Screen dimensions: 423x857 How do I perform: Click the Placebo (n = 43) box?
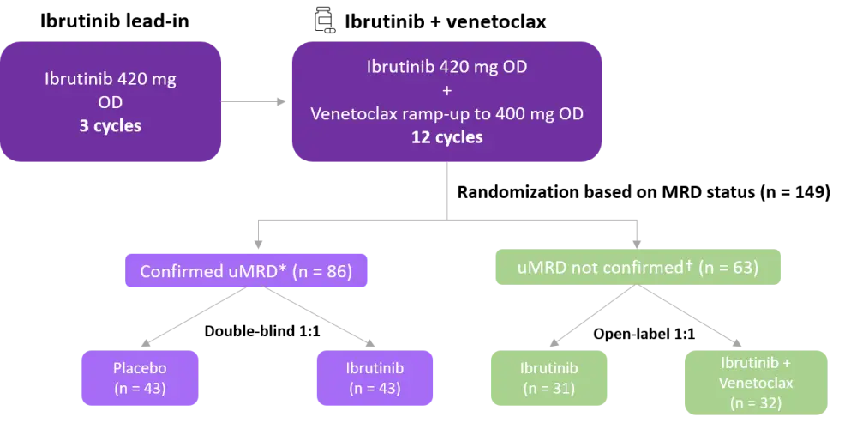click(139, 378)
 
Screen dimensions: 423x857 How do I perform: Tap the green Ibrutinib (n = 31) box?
click(548, 378)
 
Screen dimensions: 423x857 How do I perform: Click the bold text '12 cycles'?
click(447, 136)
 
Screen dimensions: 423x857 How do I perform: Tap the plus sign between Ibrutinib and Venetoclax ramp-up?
click(447, 92)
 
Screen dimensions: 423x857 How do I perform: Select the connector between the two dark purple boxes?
click(255, 101)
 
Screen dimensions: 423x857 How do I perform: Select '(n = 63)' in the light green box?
click(728, 267)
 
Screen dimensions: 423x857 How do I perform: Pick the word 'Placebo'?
click(139, 369)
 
